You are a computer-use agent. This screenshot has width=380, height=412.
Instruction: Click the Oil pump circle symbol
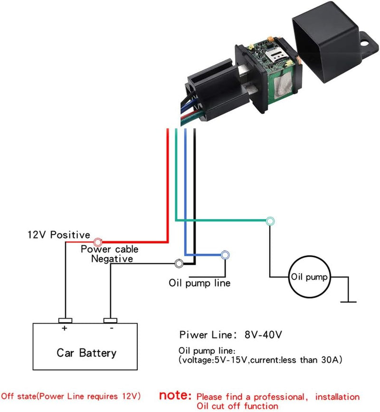point(309,277)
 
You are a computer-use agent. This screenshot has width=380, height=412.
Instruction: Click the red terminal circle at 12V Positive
point(98,242)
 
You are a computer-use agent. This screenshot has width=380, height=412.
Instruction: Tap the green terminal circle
point(270,221)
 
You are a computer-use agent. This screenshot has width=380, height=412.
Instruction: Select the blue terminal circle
point(225,255)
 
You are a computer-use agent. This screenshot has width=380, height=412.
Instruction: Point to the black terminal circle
point(179,263)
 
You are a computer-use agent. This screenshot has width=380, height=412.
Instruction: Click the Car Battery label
point(86,353)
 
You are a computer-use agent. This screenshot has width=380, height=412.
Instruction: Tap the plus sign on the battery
point(64,328)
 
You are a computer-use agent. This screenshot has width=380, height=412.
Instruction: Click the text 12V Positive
point(58,234)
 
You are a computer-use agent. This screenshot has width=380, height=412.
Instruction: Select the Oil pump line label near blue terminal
point(199,283)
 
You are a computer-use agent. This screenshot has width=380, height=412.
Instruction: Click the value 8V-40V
point(264,335)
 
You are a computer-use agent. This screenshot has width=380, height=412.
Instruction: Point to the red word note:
point(175,395)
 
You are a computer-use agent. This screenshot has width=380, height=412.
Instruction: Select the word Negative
point(112,259)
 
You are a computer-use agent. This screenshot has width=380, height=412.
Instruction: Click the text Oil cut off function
point(237,406)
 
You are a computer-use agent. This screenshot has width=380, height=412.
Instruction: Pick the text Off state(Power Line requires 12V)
point(71,396)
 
